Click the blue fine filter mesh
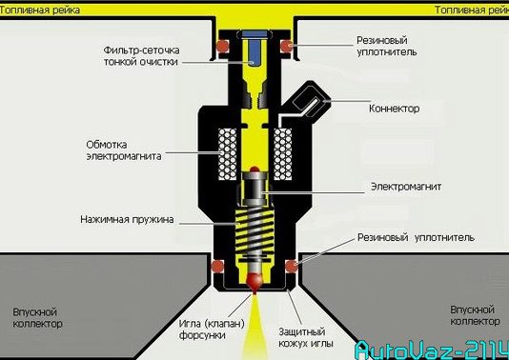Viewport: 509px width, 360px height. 254,49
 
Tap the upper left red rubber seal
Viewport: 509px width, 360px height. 223,46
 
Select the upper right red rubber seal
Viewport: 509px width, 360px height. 287,46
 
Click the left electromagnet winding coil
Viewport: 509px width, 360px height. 228,154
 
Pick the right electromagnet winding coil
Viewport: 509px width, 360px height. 283,154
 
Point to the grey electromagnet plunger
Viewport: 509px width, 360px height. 255,190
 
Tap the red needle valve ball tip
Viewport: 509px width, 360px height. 254,282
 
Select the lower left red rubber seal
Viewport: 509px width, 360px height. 217,267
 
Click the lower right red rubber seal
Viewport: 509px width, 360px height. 291,266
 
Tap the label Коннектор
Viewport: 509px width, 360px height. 394,109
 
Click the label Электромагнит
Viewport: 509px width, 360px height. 406,187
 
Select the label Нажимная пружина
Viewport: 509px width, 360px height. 127,220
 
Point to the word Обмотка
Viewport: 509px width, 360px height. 107,145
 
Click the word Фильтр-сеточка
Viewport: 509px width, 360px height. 141,50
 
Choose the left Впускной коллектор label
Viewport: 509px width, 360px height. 37,318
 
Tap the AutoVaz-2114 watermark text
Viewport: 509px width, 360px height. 432,350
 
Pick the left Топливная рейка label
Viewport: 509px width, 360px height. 40,10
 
